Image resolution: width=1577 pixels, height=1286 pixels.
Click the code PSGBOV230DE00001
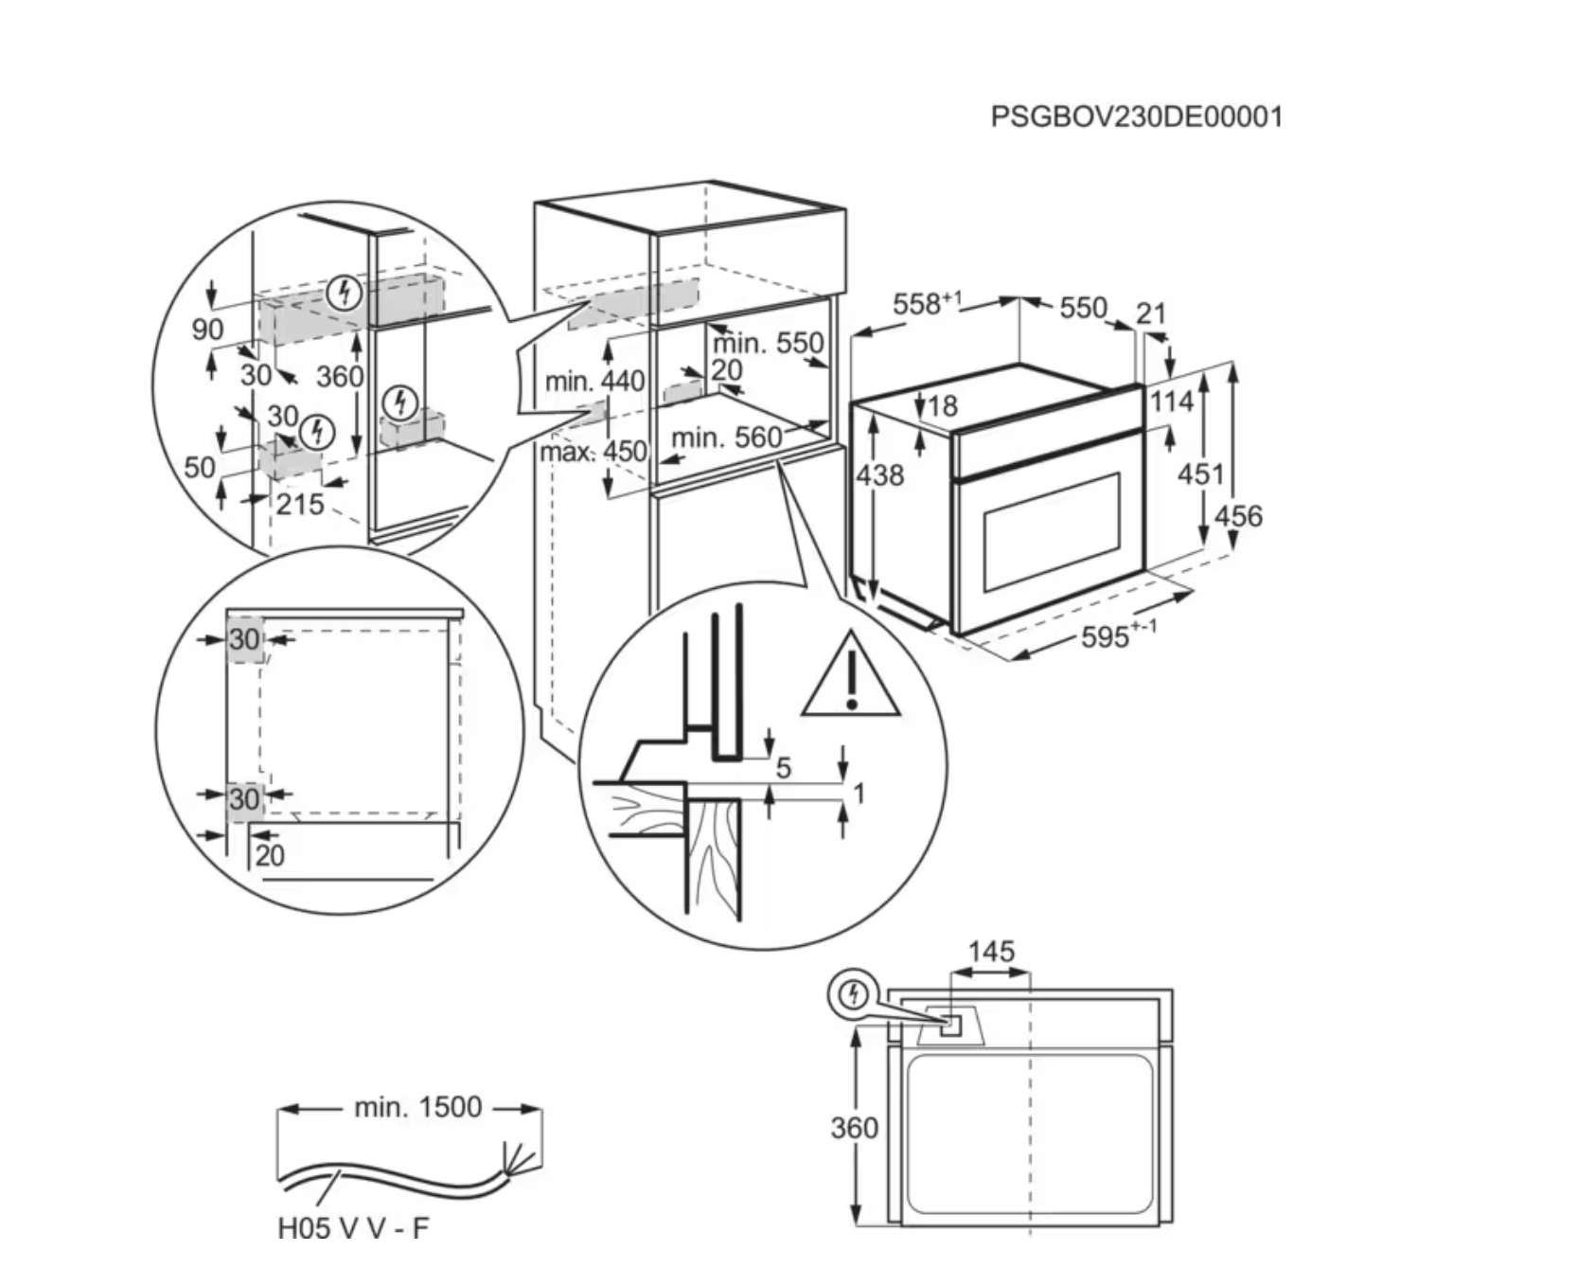(x=1136, y=116)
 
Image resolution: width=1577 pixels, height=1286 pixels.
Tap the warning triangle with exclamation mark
(x=851, y=674)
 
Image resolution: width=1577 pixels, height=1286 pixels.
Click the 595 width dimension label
(x=1118, y=634)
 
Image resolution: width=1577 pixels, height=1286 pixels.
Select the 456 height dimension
(x=1238, y=516)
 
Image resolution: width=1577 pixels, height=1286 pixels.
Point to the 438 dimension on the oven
(x=880, y=474)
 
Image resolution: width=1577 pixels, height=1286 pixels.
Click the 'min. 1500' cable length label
(x=417, y=1106)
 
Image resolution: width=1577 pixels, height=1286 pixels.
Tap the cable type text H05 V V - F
(x=353, y=1228)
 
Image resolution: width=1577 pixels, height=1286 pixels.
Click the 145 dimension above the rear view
(x=990, y=951)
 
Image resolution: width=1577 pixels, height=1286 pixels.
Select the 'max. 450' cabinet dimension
(x=593, y=452)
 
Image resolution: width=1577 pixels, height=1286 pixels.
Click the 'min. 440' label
(x=594, y=382)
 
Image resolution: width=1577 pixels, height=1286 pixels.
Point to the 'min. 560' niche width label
(x=727, y=438)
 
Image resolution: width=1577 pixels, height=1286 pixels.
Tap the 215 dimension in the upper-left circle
(x=300, y=504)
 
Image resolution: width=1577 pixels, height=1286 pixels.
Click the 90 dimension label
(x=208, y=330)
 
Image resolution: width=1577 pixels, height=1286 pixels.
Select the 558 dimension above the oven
(x=927, y=303)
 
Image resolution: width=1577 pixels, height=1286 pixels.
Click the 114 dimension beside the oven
(x=1172, y=402)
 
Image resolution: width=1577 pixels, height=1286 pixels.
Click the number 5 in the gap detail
(x=783, y=767)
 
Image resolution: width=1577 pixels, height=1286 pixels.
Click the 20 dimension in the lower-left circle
(x=270, y=855)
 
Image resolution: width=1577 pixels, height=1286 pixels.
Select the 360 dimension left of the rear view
(x=854, y=1128)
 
